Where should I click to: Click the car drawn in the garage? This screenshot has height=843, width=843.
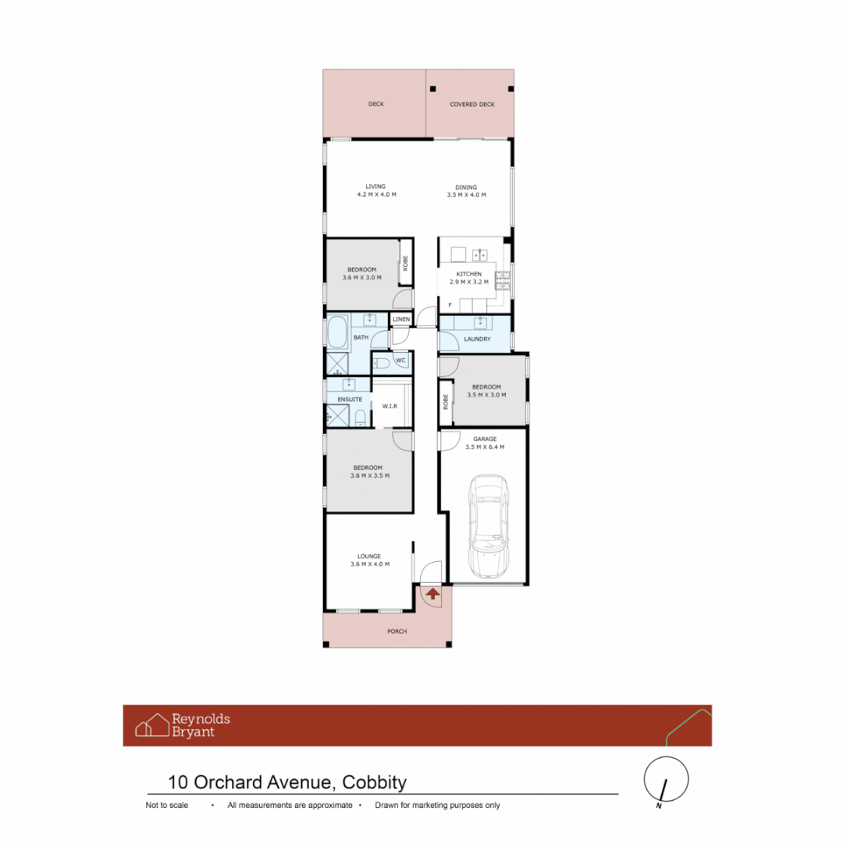488,526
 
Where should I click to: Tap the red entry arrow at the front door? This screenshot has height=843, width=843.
432,593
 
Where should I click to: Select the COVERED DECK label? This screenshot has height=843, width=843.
472,105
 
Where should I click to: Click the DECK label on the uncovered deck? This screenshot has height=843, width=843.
376,104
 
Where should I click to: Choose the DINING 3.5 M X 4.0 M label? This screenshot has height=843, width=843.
466,191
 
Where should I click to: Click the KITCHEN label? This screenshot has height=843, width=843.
469,274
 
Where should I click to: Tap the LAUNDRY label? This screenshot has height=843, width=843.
478,340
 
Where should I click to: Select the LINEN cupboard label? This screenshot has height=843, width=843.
401,319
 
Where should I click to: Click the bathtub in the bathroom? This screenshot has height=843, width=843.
338,333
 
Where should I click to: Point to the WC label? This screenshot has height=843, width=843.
400,361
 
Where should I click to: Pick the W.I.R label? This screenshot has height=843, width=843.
389,406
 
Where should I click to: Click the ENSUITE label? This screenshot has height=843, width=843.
350,400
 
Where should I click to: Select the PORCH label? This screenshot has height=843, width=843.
397,631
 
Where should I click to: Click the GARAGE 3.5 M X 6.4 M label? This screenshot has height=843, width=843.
485,443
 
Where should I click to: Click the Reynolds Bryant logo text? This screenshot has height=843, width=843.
201,725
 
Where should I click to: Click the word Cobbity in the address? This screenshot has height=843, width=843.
374,782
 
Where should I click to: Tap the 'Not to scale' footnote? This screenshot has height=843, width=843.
167,805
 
